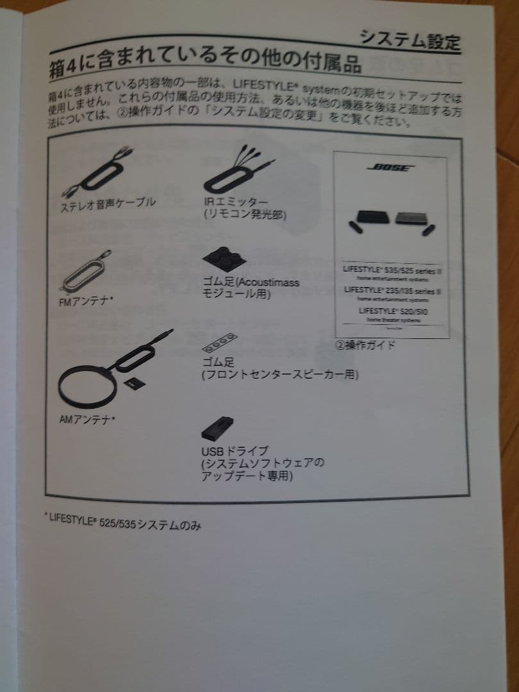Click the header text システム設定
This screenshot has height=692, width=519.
point(409,40)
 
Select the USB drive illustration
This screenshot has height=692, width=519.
point(217,427)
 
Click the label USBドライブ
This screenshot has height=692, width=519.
point(235,451)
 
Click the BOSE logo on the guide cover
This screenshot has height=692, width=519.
point(391,169)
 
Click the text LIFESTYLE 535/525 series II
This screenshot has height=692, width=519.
point(392,270)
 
